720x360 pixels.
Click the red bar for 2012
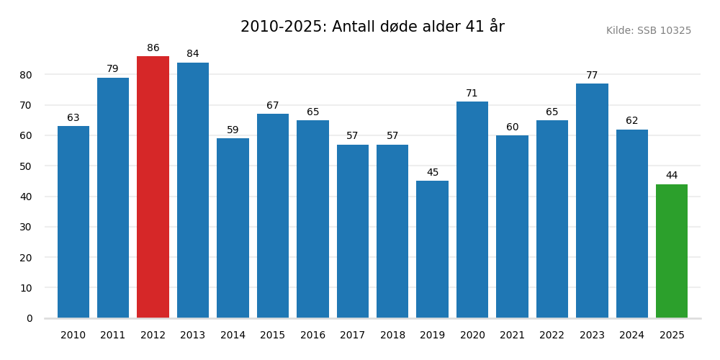pyautogui.click(x=153, y=187)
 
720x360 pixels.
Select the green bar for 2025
pyautogui.click(x=672, y=251)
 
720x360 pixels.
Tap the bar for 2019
pyautogui.click(x=432, y=249)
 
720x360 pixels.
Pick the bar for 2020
pyautogui.click(x=472, y=210)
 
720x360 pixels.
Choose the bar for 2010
pyautogui.click(x=73, y=222)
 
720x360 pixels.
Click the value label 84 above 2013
pyautogui.click(x=193, y=54)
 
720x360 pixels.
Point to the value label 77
pyautogui.click(x=592, y=76)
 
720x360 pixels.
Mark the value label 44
pyautogui.click(x=672, y=176)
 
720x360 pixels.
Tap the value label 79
pyautogui.click(x=113, y=69)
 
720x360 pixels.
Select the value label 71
pyautogui.click(x=472, y=94)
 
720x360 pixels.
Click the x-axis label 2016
pyautogui.click(x=312, y=336)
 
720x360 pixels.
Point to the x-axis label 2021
pyautogui.click(x=512, y=336)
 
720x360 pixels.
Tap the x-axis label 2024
pyautogui.click(x=632, y=336)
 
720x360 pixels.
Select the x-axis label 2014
pyautogui.click(x=233, y=336)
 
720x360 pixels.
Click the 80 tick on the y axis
pyautogui.click(x=26, y=75)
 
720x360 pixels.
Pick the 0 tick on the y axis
pyautogui.click(x=30, y=318)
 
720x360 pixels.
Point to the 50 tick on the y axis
pyautogui.click(x=26, y=166)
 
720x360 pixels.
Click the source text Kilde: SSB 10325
pyautogui.click(x=648, y=31)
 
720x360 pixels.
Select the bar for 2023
pyautogui.click(x=592, y=201)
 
